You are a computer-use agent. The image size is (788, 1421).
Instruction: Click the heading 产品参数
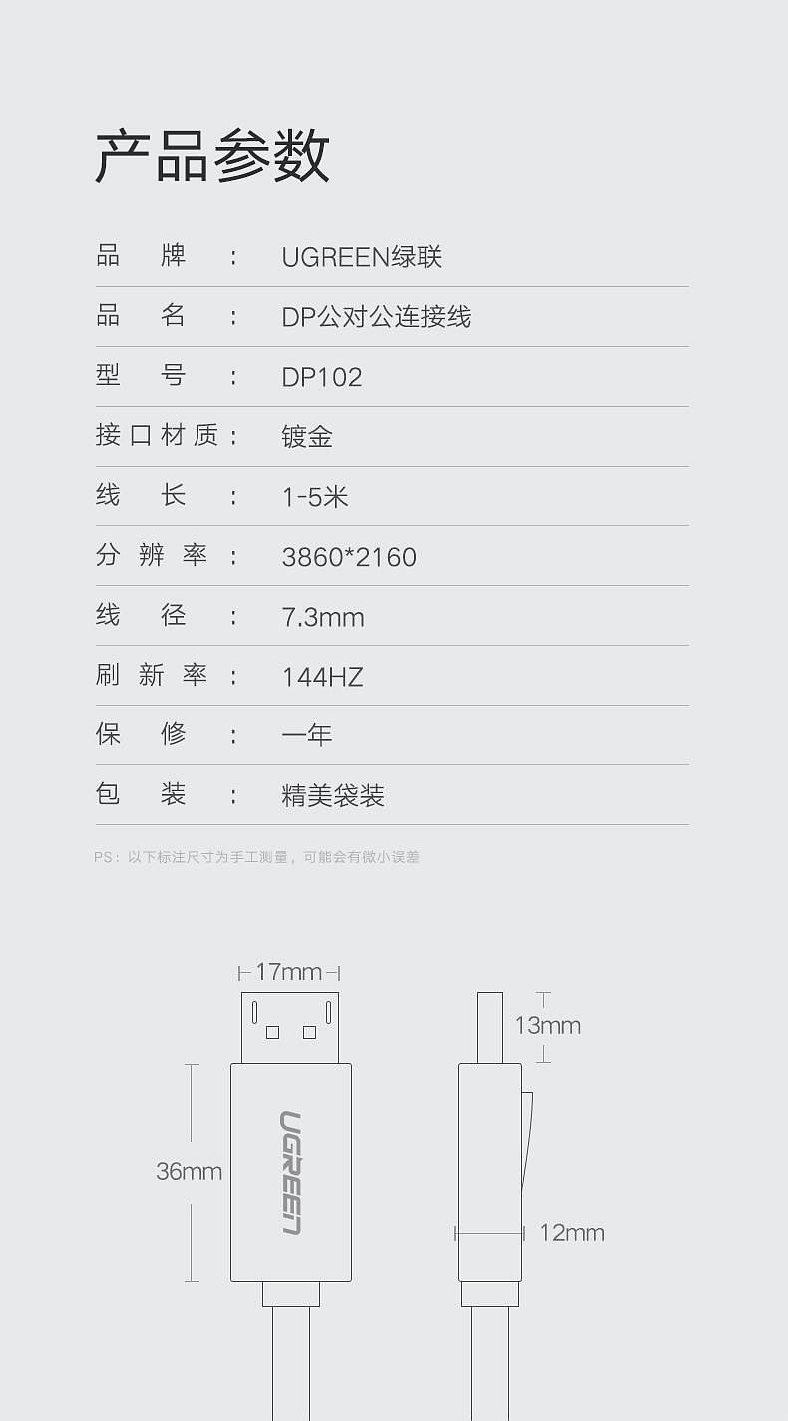tap(212, 156)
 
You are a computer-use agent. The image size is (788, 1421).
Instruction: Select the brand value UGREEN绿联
tap(361, 257)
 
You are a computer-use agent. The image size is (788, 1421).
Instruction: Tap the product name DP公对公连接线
tap(376, 317)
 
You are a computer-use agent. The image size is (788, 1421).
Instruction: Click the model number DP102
tap(322, 377)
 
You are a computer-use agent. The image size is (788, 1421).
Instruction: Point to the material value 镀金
tap(307, 437)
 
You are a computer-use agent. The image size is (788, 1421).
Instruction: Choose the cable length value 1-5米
tap(315, 497)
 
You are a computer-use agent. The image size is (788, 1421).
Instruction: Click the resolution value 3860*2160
tap(349, 557)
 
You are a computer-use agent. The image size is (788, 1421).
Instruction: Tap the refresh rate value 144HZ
tap(322, 677)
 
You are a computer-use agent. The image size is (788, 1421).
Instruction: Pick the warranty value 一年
tap(307, 735)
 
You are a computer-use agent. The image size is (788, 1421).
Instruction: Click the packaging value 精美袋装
tap(333, 795)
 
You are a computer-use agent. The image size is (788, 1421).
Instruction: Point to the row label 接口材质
tap(158, 435)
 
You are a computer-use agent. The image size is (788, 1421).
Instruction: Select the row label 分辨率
tap(152, 555)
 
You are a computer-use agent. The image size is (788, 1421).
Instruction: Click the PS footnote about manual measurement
tap(256, 857)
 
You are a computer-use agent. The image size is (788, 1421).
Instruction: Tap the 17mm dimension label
tap(288, 972)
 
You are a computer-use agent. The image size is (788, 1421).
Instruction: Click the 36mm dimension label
tap(189, 1172)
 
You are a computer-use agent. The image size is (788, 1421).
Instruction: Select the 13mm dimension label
tap(547, 1025)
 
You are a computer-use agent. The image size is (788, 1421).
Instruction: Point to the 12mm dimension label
tap(572, 1233)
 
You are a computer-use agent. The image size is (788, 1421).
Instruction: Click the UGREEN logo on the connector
tap(291, 1173)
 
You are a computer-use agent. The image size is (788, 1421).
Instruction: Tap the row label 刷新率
tap(152, 675)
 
